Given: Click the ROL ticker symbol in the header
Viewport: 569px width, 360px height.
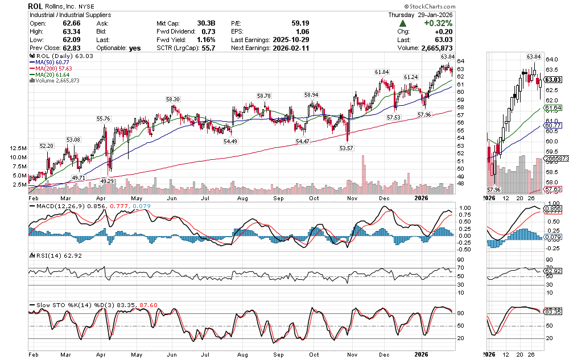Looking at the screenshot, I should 35,6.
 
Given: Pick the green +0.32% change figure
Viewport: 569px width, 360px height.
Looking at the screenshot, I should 438,23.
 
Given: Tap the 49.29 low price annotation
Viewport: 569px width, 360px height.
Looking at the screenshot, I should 108,180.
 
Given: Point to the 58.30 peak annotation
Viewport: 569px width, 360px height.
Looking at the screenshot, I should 173,100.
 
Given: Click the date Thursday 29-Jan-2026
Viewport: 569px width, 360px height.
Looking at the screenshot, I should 420,15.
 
